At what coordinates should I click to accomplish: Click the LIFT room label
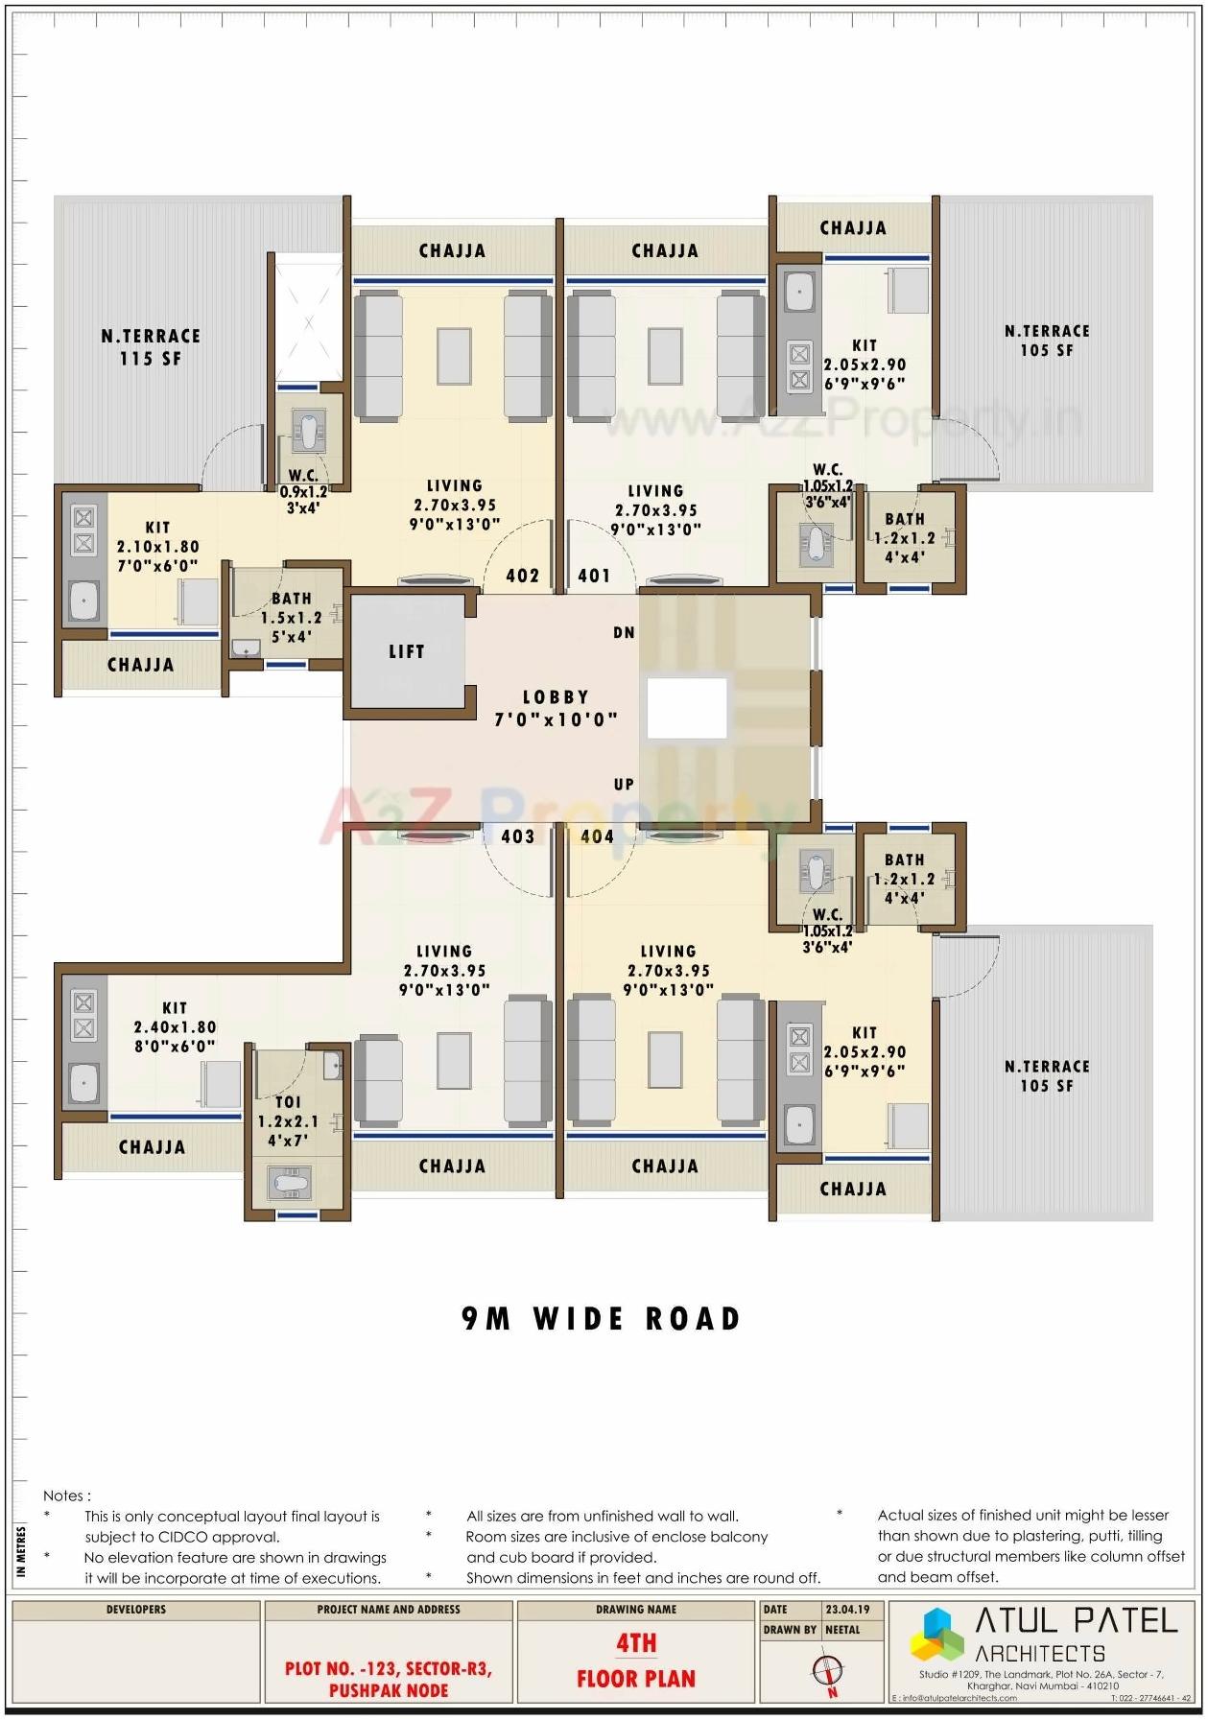(406, 652)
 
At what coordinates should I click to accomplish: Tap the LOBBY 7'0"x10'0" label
(556, 708)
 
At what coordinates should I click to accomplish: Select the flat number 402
(522, 576)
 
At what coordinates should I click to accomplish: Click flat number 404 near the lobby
(597, 836)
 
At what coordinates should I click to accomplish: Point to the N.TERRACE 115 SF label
(151, 346)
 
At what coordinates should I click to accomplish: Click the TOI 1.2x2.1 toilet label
(288, 1120)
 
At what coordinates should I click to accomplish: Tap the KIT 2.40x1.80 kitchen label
(175, 1026)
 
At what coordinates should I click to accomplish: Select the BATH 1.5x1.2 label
(291, 617)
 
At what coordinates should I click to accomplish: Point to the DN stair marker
(624, 632)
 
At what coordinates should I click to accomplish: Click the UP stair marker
(624, 784)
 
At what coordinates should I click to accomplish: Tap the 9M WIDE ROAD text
(602, 1319)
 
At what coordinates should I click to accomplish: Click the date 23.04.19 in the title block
(847, 1609)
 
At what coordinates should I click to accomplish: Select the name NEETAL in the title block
(842, 1629)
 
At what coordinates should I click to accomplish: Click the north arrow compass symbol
(826, 1672)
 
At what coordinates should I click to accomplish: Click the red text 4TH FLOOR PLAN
(635, 1661)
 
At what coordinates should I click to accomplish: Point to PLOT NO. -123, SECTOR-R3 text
(388, 1668)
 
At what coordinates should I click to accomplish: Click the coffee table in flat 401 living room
(664, 356)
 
